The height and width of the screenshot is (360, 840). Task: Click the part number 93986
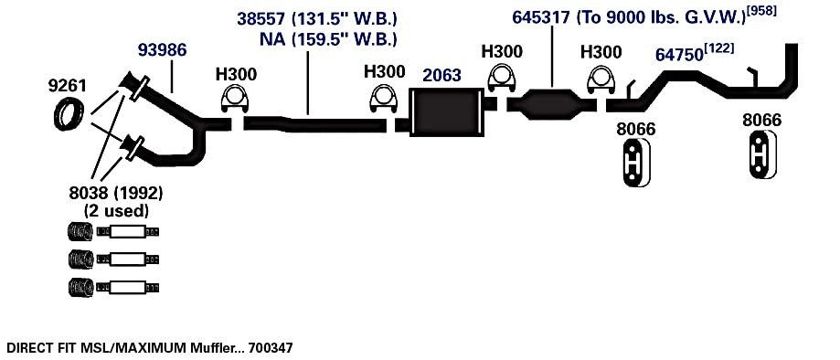(162, 50)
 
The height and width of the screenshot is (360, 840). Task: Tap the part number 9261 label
(67, 86)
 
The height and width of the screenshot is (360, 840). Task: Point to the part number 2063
(441, 76)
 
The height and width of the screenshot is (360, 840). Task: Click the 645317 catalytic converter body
(552, 103)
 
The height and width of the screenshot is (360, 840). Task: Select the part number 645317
(540, 17)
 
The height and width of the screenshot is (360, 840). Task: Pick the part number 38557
(261, 20)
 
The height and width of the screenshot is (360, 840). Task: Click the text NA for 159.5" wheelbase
(271, 39)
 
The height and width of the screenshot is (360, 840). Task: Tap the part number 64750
(679, 55)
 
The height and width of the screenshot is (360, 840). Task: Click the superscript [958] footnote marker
(760, 11)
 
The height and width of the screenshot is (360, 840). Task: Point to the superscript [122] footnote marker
(718, 48)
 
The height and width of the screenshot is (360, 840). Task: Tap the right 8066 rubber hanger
(762, 154)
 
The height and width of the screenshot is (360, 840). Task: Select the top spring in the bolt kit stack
(81, 232)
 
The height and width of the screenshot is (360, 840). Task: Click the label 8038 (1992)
(116, 192)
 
